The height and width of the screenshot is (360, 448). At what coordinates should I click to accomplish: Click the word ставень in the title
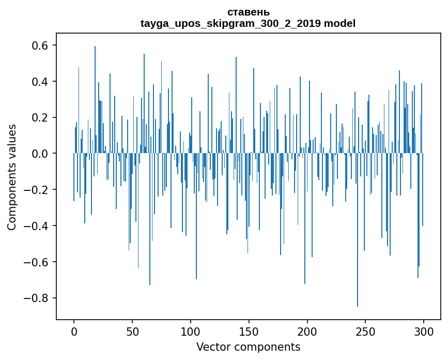coord(248,12)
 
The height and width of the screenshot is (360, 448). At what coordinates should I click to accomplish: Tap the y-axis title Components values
coord(12,177)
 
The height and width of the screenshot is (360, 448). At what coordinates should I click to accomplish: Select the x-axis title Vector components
coord(248,347)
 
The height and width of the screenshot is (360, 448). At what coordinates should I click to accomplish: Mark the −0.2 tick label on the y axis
coord(37,190)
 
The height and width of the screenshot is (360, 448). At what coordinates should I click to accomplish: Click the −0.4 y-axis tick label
coord(37,226)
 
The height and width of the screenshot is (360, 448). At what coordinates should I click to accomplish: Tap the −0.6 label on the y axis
coord(37,262)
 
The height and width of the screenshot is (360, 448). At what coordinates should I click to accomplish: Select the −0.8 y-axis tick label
coord(37,298)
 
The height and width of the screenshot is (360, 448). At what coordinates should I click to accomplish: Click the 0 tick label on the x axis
coord(74,331)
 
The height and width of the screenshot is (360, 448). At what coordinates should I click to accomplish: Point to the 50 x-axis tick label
coord(132,331)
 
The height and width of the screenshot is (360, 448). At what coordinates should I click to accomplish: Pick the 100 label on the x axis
coord(191,331)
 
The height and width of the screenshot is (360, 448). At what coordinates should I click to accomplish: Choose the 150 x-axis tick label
coord(249,331)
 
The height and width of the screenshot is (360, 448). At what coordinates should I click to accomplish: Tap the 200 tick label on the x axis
coord(307,331)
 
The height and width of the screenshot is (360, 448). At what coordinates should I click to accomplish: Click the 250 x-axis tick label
coord(366,331)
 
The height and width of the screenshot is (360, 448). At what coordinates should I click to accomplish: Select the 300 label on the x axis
coord(424,331)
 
